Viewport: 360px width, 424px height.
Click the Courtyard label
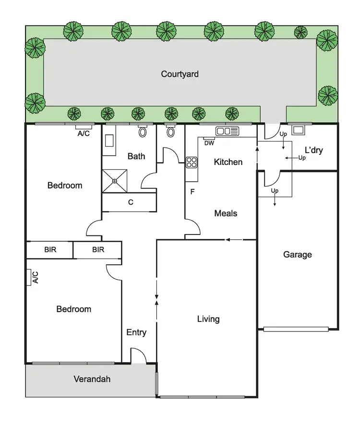click(180, 74)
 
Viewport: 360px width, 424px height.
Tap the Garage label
click(297, 255)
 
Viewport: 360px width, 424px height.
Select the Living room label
click(208, 319)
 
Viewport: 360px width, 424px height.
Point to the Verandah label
click(92, 379)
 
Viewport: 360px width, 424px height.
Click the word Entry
click(136, 332)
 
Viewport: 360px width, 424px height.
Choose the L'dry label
click(313, 150)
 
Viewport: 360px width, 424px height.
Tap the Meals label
click(226, 213)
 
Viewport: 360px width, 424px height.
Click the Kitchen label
click(228, 162)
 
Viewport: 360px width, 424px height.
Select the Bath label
click(136, 156)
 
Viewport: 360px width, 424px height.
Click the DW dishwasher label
click(209, 143)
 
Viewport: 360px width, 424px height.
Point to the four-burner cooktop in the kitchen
click(192, 162)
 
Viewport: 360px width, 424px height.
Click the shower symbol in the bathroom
click(115, 181)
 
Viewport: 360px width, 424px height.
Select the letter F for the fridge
click(192, 192)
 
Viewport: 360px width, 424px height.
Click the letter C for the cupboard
click(130, 202)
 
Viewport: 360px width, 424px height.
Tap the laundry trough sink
click(299, 130)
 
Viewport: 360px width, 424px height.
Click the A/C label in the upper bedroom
click(84, 134)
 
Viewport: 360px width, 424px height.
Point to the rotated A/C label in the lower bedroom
click(35, 277)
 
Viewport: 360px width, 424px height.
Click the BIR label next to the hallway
click(98, 250)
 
